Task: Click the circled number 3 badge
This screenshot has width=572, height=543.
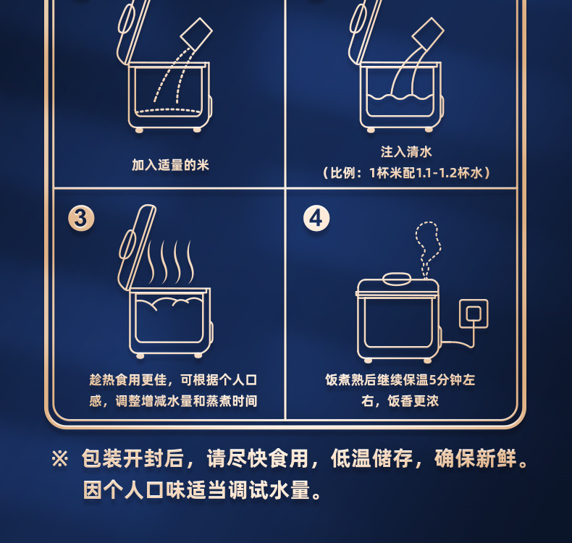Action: point(81,219)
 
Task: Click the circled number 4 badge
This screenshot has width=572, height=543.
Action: point(316,219)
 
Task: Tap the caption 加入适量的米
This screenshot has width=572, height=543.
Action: point(170,165)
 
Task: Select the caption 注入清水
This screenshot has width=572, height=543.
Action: point(406,152)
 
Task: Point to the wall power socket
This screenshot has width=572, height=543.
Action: point(474,313)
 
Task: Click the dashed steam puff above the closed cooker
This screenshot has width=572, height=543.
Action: point(427,250)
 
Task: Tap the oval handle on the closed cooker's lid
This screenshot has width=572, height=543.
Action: point(397,279)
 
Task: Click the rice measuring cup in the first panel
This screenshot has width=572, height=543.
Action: point(196,33)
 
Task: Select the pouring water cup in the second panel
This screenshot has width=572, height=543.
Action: point(428,33)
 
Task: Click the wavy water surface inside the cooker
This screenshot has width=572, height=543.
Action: point(400,97)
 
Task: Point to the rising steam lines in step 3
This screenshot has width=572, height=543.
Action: point(171,262)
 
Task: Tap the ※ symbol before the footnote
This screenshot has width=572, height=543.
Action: point(60,458)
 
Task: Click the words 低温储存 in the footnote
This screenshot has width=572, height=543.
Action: point(371,458)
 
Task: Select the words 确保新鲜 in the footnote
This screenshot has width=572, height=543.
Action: point(476,458)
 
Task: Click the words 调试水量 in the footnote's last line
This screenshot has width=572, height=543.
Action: point(269,489)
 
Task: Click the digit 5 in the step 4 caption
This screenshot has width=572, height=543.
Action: point(433,380)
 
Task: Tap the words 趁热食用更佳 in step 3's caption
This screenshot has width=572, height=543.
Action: point(128,380)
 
